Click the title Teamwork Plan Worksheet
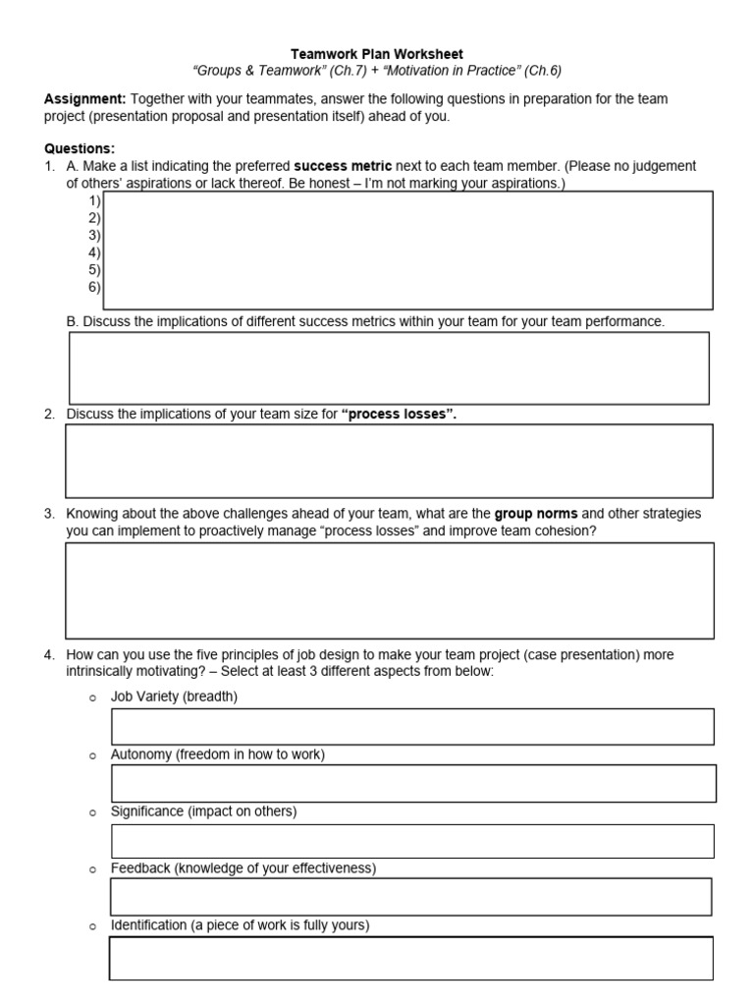[377, 54]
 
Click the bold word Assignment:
[85, 99]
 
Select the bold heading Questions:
[80, 149]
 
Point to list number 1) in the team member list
[94, 200]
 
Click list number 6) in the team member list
[94, 287]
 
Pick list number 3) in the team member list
[94, 235]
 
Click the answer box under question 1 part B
[389, 367]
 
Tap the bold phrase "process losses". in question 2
[400, 414]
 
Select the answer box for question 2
[389, 461]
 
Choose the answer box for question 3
[389, 590]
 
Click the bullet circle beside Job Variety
[93, 698]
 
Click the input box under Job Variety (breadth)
[412, 726]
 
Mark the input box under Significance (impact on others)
[412, 841]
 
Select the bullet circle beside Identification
[93, 926]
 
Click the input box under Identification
[410, 958]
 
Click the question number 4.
[49, 654]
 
